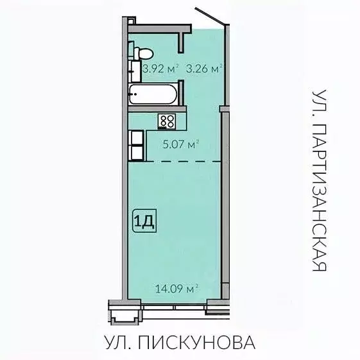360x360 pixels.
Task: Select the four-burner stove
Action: pyautogui.click(x=167, y=120)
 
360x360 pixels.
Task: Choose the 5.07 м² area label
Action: pyautogui.click(x=179, y=144)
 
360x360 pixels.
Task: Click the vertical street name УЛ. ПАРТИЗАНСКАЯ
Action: pyautogui.click(x=319, y=180)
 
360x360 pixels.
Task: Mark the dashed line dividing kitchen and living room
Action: pyautogui.click(x=176, y=161)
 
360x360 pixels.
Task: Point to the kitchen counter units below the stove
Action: pyautogui.click(x=136, y=146)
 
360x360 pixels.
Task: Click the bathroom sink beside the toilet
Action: pyautogui.click(x=134, y=69)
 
